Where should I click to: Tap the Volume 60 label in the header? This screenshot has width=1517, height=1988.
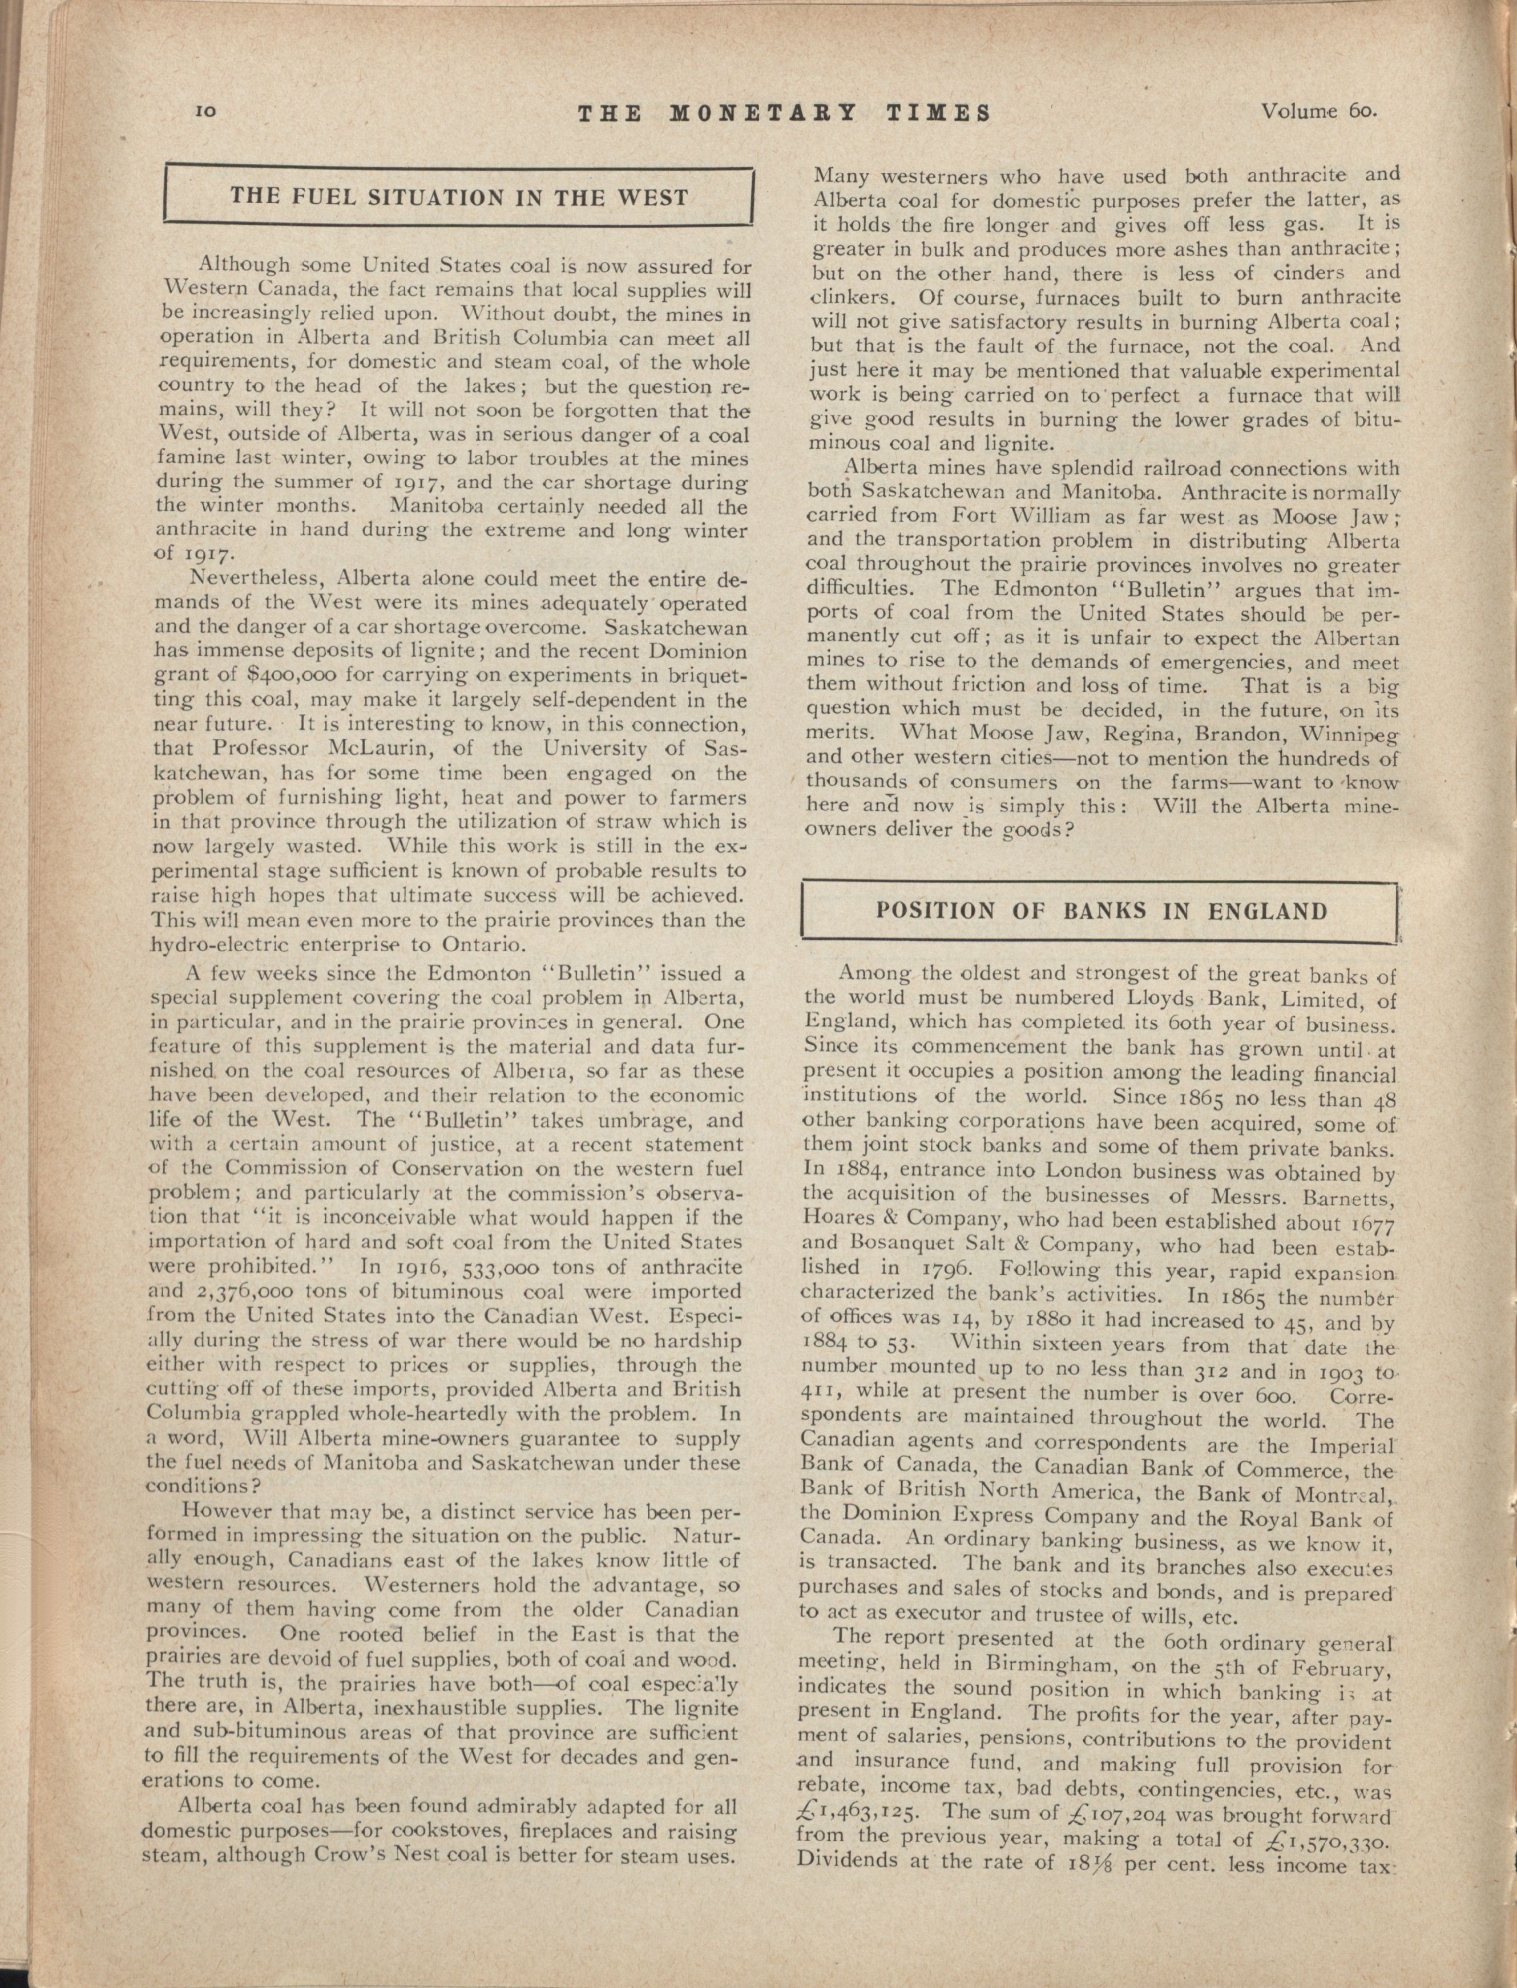pyautogui.click(x=1318, y=112)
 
